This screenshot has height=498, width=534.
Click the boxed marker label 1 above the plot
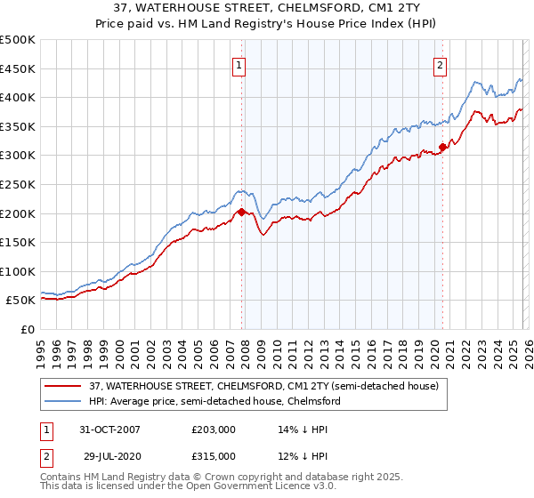coord(241,64)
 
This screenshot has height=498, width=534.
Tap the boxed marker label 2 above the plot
coord(441,64)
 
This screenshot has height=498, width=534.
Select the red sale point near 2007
coord(241,212)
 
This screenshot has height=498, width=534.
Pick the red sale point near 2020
coord(442,148)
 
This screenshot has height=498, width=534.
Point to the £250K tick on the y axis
coord(20,184)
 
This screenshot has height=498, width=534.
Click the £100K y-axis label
coord(20,271)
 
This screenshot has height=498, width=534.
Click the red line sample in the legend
coord(63,387)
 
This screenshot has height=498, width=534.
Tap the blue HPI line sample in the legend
coord(63,402)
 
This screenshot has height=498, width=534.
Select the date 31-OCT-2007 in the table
coord(109,430)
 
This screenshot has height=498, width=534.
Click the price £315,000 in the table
coord(213,456)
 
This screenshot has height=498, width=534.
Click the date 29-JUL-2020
coord(109,456)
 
